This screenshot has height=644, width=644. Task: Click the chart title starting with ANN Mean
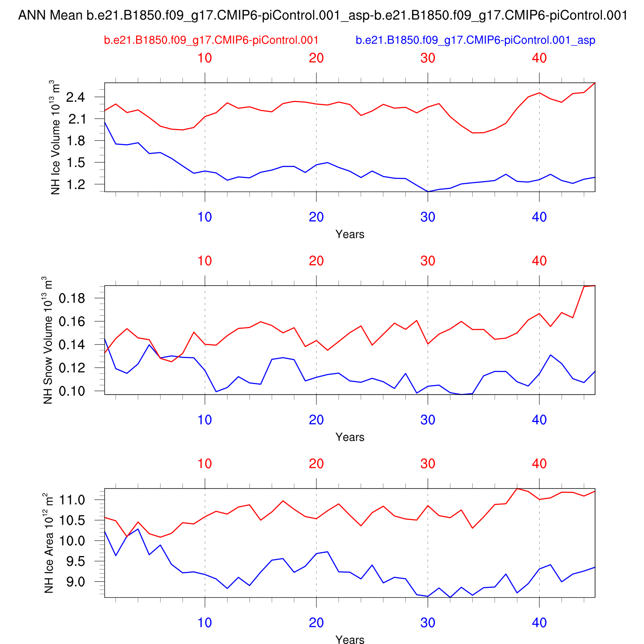pyautogui.click(x=323, y=16)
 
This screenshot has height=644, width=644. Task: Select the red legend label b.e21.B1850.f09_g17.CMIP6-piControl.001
pyautogui.click(x=211, y=40)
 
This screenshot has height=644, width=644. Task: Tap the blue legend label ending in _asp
pyautogui.click(x=475, y=40)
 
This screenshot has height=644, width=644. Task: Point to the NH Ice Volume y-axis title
pyautogui.click(x=55, y=137)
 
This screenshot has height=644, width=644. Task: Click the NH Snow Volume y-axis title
pyautogui.click(x=48, y=340)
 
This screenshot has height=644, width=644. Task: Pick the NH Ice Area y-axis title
pyautogui.click(x=49, y=543)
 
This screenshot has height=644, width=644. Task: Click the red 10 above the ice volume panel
pyautogui.click(x=205, y=58)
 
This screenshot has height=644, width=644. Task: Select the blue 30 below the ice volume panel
pyautogui.click(x=428, y=217)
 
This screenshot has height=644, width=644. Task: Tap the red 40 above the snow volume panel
pyautogui.click(x=539, y=261)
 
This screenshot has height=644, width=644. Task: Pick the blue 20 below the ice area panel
pyautogui.click(x=316, y=623)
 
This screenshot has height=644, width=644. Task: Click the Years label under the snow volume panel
pyautogui.click(x=350, y=437)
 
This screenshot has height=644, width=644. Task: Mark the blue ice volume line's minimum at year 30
pyautogui.click(x=428, y=191)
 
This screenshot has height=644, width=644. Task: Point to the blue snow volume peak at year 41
pyautogui.click(x=550, y=355)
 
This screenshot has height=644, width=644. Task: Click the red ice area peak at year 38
pyautogui.click(x=517, y=489)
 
